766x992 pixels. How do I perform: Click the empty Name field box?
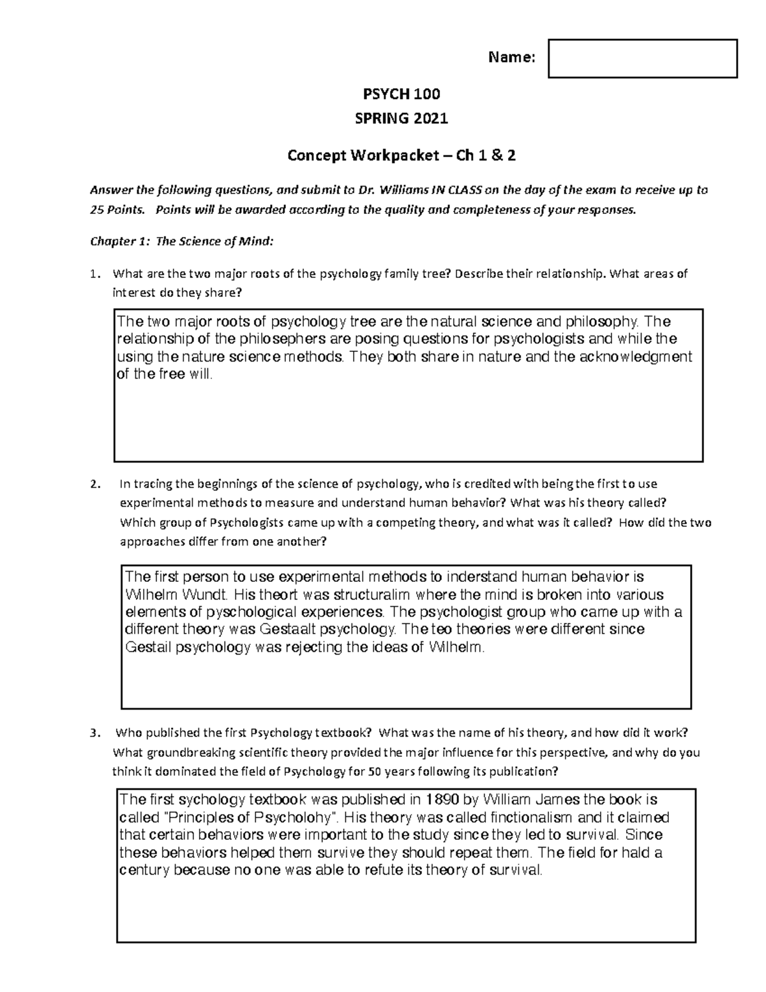point(642,58)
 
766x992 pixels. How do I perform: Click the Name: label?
point(511,58)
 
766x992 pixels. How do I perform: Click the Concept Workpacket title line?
point(402,155)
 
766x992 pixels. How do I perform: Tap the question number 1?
point(94,274)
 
